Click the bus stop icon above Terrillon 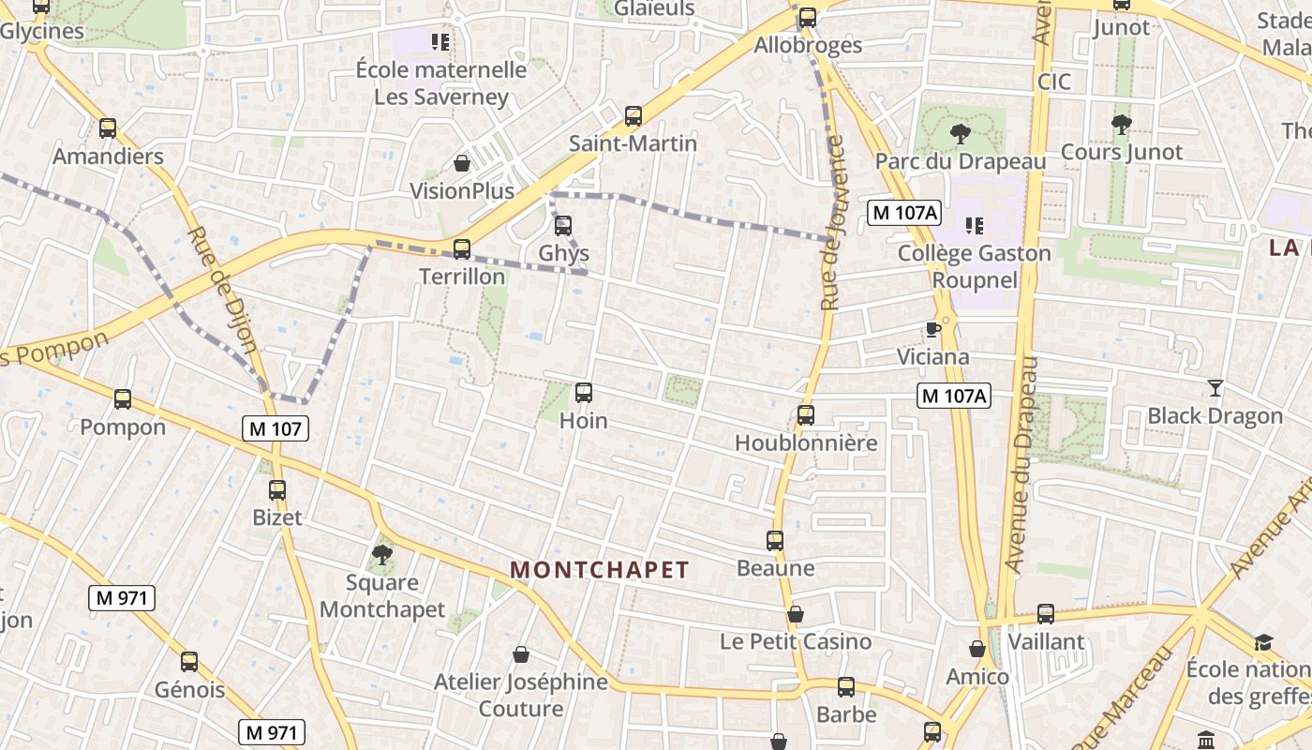[461, 248]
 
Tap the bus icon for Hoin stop [583, 393]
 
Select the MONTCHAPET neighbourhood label [600, 570]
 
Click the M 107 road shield [276, 428]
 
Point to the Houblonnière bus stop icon [805, 414]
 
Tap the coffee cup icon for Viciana [932, 329]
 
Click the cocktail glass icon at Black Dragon [1215, 387]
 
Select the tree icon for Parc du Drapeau [960, 133]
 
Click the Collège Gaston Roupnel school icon [974, 225]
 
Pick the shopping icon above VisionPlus [462, 163]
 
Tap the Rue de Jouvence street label [832, 223]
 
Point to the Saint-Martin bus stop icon [634, 116]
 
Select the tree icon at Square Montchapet [381, 554]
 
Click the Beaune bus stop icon [774, 540]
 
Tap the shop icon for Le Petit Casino [795, 614]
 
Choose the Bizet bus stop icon [276, 489]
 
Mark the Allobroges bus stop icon [807, 17]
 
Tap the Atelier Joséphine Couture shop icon [520, 654]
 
